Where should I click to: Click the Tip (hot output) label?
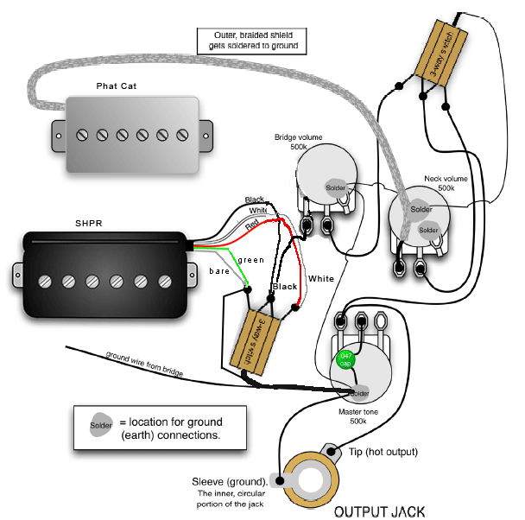coord(384,452)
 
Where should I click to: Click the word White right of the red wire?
coord(320,279)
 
